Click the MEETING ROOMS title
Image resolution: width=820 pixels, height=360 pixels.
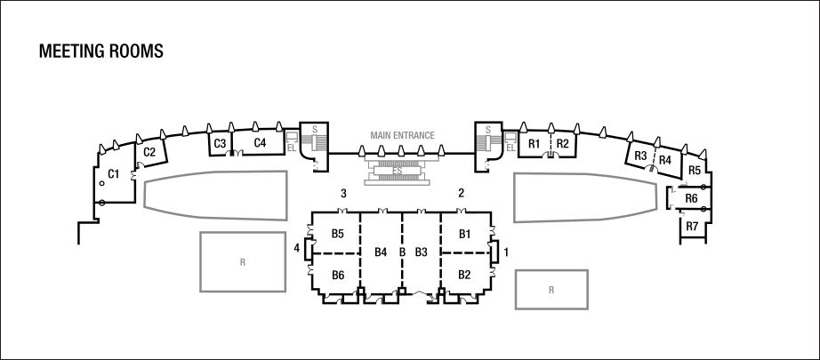[x=100, y=52]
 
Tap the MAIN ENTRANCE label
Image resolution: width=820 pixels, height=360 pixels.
[x=402, y=135]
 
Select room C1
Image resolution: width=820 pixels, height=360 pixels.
[x=114, y=174]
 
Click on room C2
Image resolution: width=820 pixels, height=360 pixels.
[x=149, y=152]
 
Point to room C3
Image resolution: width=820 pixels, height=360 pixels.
[x=221, y=143]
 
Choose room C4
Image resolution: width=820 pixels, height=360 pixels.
[x=260, y=142]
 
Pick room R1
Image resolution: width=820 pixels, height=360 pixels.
[x=534, y=144]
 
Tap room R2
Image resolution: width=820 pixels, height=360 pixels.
[x=562, y=144]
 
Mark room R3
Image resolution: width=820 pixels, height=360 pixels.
[x=640, y=156]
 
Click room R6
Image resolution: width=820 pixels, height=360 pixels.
[x=691, y=198]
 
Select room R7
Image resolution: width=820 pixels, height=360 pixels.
[x=692, y=227]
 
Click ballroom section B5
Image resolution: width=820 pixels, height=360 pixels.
[x=338, y=234]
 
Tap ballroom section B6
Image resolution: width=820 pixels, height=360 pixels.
[x=338, y=275]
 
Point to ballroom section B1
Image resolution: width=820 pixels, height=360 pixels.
[x=464, y=234]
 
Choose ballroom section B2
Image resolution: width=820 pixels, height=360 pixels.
[x=464, y=275]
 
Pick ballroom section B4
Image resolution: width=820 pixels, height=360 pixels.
[x=381, y=252]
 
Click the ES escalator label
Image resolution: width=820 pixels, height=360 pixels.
[x=398, y=171]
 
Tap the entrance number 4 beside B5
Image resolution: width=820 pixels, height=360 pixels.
[x=297, y=248]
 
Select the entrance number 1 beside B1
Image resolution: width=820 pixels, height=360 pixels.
[x=506, y=252]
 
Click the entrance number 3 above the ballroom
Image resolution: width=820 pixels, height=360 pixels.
[x=343, y=193]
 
